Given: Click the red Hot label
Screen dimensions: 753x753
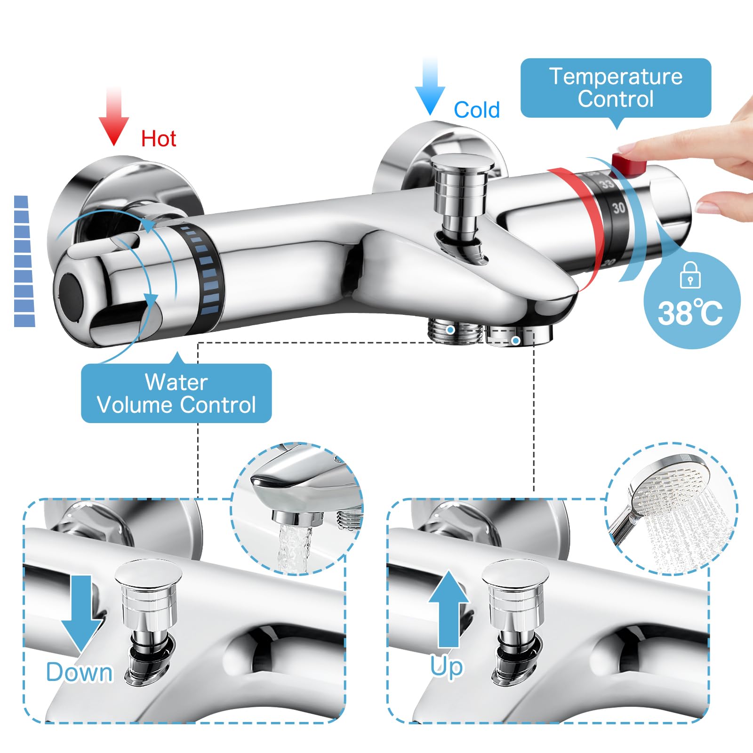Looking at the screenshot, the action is [x=159, y=139].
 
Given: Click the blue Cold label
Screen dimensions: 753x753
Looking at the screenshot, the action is [x=476, y=110].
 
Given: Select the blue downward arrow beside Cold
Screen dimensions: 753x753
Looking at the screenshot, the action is [x=430, y=87].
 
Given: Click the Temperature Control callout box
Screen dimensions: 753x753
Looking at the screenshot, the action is [x=616, y=88].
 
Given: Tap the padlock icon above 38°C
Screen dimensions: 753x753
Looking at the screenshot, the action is [x=690, y=275].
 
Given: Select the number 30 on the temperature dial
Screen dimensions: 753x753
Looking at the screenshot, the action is [x=619, y=208].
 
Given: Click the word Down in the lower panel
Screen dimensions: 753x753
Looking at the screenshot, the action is [x=80, y=672].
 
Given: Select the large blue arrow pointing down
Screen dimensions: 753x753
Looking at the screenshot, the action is [x=83, y=613].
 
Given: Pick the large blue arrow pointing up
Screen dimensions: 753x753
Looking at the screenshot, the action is [x=449, y=609].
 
